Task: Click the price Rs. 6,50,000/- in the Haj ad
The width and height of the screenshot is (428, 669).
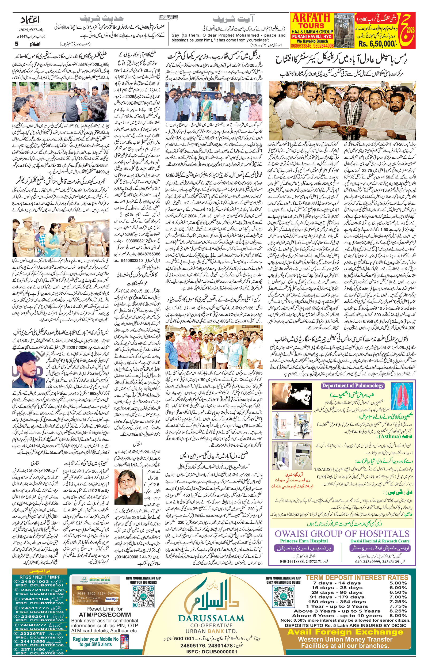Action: point(385,44)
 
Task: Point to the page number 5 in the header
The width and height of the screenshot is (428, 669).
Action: point(16,44)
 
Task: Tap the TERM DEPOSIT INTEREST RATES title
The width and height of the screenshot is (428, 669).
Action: point(357,575)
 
